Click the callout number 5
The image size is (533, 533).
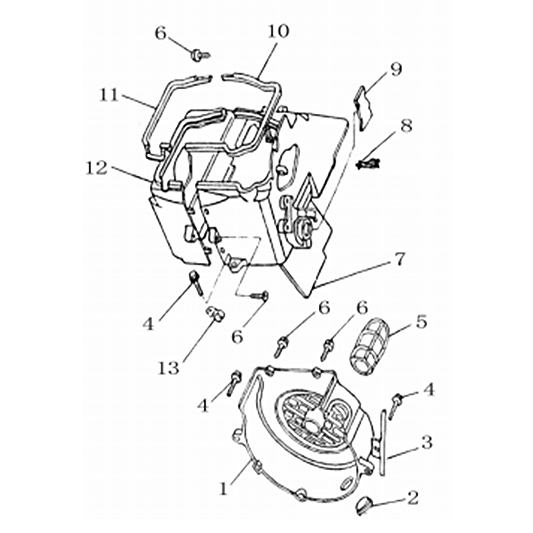click(x=421, y=322)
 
